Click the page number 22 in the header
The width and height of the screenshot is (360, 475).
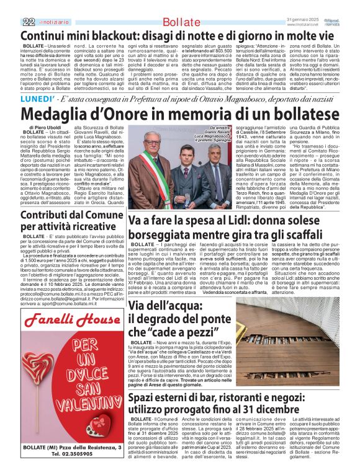click(x=11, y=22)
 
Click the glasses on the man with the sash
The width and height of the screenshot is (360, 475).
click(x=142, y=154)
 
